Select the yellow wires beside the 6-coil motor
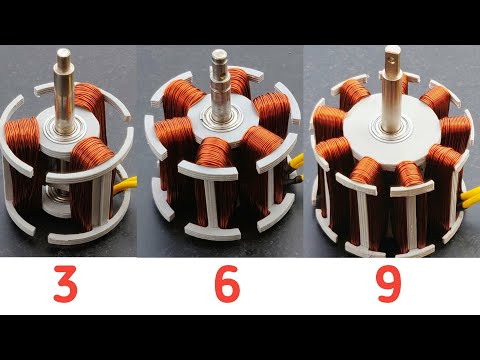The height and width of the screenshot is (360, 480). tap(295, 170)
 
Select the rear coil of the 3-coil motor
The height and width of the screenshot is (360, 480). tap(91, 105)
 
